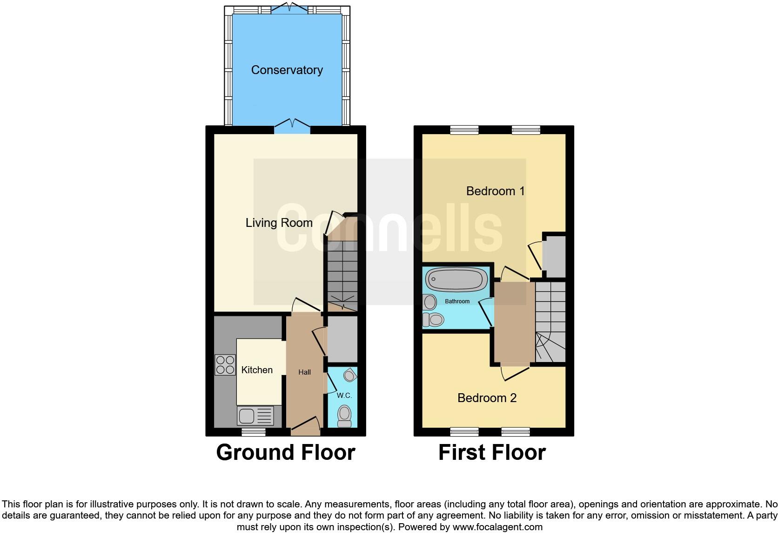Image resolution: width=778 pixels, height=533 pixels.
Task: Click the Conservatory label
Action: pyautogui.click(x=287, y=70)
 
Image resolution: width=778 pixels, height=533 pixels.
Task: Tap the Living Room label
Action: pyautogui.click(x=279, y=223)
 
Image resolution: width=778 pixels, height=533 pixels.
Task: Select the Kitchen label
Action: pyautogui.click(x=257, y=370)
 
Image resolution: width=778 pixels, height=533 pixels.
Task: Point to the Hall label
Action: pyautogui.click(x=304, y=372)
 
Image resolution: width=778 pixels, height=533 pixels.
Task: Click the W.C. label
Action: pyautogui.click(x=344, y=396)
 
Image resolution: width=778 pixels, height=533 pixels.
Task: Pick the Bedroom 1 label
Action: pyautogui.click(x=495, y=191)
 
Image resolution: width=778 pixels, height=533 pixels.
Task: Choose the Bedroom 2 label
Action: pyautogui.click(x=487, y=398)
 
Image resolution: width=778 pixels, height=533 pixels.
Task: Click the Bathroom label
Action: pyautogui.click(x=457, y=301)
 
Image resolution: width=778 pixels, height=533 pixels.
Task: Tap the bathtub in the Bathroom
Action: pyautogui.click(x=456, y=279)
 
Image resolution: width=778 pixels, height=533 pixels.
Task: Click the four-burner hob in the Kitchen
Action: pyautogui.click(x=225, y=365)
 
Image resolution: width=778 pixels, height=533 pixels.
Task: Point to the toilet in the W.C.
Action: pyautogui.click(x=344, y=415)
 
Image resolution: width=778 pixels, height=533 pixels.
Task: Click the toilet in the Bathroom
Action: pyautogui.click(x=434, y=320)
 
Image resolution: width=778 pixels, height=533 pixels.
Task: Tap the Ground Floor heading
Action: pyautogui.click(x=285, y=452)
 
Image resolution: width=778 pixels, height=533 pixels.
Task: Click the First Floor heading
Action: pyautogui.click(x=492, y=452)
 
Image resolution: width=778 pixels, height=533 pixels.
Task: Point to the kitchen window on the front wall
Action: pyautogui.click(x=254, y=432)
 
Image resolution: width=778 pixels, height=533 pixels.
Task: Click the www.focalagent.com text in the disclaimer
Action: pyautogui.click(x=497, y=527)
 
